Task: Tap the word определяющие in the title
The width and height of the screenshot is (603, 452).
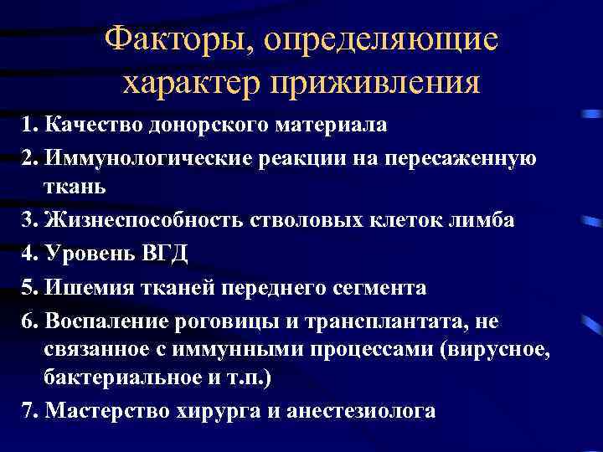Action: pos(380,40)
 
